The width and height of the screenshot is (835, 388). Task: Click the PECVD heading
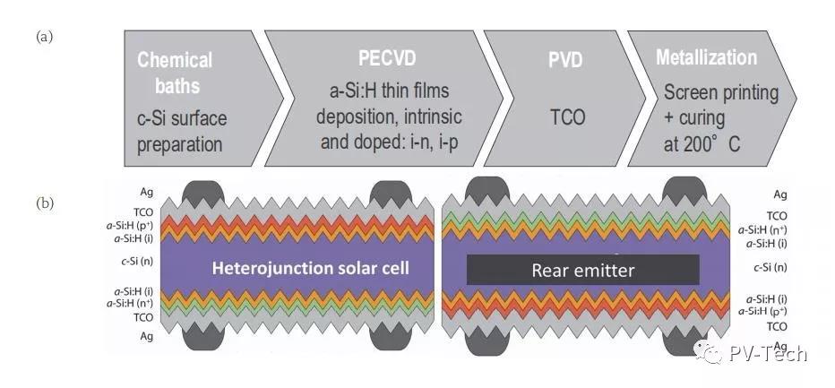pos(387,59)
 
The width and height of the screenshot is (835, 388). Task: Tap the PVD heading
pos(566,61)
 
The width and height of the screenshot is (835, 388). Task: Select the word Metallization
pos(706,57)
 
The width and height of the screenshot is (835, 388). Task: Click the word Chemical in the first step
pos(175,60)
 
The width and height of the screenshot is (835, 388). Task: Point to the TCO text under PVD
pos(566,116)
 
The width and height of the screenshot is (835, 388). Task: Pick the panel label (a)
pos(44,37)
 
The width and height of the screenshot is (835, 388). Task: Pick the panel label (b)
pos(45,203)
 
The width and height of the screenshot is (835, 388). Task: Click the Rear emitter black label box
pos(583,270)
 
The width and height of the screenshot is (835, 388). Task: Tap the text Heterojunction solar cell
pos(311,268)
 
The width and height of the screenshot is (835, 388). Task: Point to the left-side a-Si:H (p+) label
pos(130,226)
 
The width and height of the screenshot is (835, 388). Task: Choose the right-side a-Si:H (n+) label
pos(762,230)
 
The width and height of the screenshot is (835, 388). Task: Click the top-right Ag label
pos(780,195)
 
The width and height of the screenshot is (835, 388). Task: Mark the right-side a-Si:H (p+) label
pos(762,311)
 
